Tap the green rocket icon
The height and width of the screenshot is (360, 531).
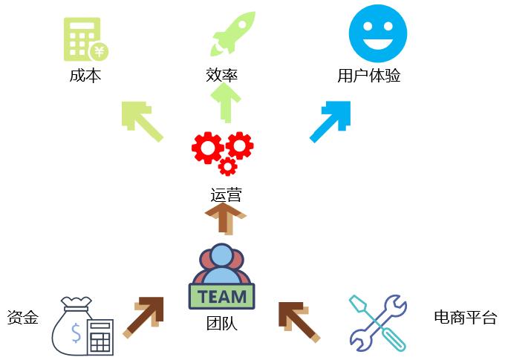point(232,33)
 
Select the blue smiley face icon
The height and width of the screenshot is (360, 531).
point(378,33)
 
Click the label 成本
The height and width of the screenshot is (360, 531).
point(85,76)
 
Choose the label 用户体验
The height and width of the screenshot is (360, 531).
point(369,76)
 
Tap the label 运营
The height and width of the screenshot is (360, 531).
point(226,195)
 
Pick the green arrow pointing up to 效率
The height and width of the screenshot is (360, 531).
point(226,102)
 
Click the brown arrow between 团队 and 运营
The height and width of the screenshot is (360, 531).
point(225,219)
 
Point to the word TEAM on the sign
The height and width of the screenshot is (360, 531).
point(222,297)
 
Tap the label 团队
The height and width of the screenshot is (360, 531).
point(222,324)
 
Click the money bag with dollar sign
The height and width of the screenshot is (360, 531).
point(76,325)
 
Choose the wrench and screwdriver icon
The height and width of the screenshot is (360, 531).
point(377,321)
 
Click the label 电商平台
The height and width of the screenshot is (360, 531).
point(465,318)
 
